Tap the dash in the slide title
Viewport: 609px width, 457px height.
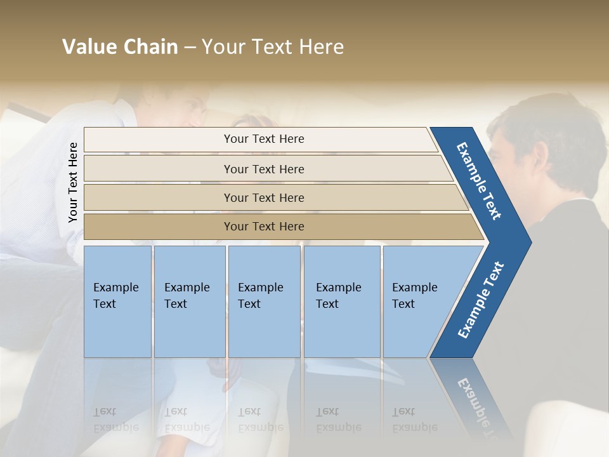pyautogui.click(x=190, y=48)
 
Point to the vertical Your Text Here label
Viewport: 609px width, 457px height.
pyautogui.click(x=73, y=182)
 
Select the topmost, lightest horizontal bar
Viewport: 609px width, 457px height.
pyautogui.click(x=263, y=139)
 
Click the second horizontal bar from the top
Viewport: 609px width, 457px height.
pyautogui.click(x=263, y=169)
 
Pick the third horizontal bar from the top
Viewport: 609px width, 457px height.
pyautogui.click(x=263, y=197)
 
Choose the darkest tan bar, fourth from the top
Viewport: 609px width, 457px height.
pyautogui.click(x=263, y=227)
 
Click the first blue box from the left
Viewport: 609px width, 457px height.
pyautogui.click(x=117, y=301)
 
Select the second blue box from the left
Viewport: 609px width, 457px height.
pyautogui.click(x=189, y=301)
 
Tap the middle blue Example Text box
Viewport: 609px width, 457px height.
pyautogui.click(x=264, y=301)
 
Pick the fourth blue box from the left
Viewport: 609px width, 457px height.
pyautogui.click(x=341, y=301)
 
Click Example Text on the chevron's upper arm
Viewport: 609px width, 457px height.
pyautogui.click(x=479, y=180)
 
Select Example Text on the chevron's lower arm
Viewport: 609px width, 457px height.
pyautogui.click(x=480, y=300)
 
